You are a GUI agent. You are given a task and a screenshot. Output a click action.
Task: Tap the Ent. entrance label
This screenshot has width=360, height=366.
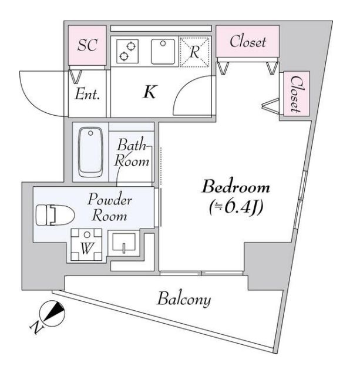click(x=88, y=94)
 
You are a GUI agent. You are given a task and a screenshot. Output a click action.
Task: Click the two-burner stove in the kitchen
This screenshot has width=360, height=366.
click(x=126, y=51)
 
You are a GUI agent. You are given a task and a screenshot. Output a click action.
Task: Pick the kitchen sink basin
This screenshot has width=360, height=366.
click(x=162, y=51)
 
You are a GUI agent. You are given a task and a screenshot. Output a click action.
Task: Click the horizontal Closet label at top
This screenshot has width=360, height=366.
click(x=247, y=42)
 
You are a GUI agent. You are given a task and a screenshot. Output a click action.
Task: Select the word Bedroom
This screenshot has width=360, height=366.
click(x=235, y=188)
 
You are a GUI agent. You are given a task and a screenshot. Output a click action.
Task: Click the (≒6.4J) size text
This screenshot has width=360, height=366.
click(x=235, y=207)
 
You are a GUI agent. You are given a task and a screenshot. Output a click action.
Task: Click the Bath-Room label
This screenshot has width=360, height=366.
click(x=132, y=152)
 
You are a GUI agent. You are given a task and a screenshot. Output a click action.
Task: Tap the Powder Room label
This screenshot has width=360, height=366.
click(x=111, y=207)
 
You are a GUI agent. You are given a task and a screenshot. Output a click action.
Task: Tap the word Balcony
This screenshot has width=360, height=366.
click(x=183, y=300)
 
